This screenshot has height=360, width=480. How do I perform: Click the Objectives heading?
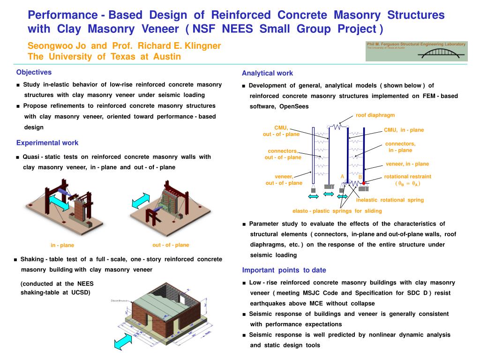(34, 72)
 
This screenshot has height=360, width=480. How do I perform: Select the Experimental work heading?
(47, 143)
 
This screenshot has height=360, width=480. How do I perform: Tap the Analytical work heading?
(267, 73)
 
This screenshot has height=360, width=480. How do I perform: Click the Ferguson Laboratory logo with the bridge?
(417, 51)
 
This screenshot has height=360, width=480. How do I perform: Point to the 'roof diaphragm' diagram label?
(375, 115)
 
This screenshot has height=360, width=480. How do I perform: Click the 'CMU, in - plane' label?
(404, 130)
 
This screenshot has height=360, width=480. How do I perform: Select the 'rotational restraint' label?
(407, 177)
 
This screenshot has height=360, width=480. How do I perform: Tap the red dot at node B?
(364, 183)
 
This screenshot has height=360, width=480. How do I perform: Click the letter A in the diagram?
(343, 177)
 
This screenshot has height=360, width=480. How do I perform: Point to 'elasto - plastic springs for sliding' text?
(337, 211)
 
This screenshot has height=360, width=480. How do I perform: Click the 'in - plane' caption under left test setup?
(62, 245)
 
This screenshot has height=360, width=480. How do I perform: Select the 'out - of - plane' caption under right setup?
(171, 245)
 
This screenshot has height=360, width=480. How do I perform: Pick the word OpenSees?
(294, 106)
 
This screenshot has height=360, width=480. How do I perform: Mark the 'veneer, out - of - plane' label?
(284, 180)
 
